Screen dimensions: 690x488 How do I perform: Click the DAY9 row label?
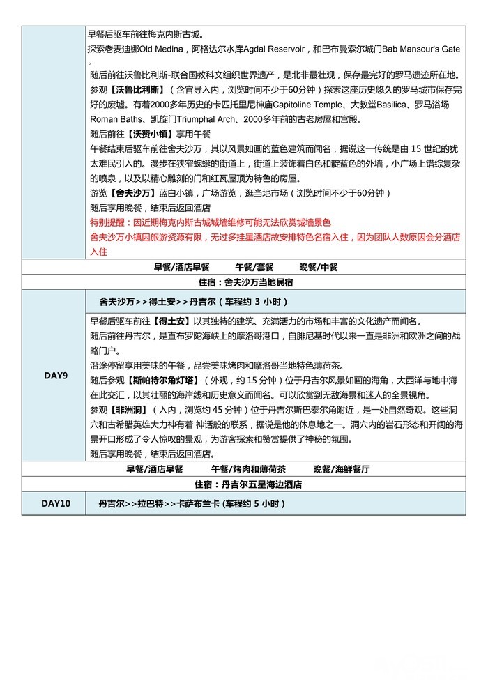[55, 376]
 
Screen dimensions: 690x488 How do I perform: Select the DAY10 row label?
[55, 504]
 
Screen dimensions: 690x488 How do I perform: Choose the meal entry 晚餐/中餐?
[319, 267]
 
